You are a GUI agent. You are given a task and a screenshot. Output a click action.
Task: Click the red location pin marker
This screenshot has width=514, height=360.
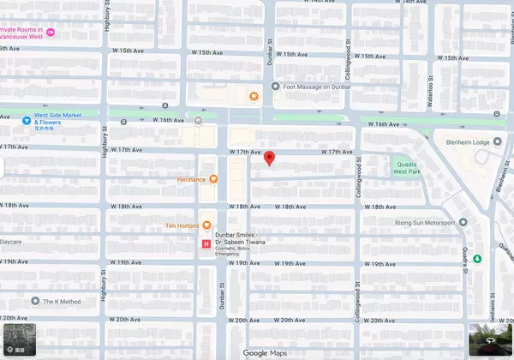point(269,159)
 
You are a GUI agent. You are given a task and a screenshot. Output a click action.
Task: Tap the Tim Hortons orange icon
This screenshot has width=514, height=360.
point(206,225)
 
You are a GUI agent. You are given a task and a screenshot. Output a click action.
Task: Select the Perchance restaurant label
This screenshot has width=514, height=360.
point(191,179)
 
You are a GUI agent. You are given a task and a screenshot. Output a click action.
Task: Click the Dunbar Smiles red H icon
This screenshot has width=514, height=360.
point(206,245)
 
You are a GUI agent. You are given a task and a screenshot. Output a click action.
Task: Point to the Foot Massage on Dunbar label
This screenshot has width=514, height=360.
point(318,87)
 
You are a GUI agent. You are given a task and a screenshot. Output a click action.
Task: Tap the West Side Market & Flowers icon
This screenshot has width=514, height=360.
point(27,121)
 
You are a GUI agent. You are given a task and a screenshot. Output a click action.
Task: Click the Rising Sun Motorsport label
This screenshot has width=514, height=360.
point(425,224)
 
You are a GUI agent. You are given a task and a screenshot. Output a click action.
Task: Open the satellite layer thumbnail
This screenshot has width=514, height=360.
point(19,340)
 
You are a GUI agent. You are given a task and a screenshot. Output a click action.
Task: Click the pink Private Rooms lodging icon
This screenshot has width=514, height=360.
point(51,32)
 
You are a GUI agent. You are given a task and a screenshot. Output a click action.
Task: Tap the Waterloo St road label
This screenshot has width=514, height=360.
point(430,87)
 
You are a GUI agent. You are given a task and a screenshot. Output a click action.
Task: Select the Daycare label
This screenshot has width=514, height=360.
point(10,243)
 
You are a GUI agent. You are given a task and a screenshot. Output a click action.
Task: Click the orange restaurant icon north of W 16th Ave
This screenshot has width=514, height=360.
point(254,96)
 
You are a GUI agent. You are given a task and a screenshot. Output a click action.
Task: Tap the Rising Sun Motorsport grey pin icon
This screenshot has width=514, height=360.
point(463,224)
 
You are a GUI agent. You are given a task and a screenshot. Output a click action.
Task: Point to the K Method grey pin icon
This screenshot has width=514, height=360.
point(35,301)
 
